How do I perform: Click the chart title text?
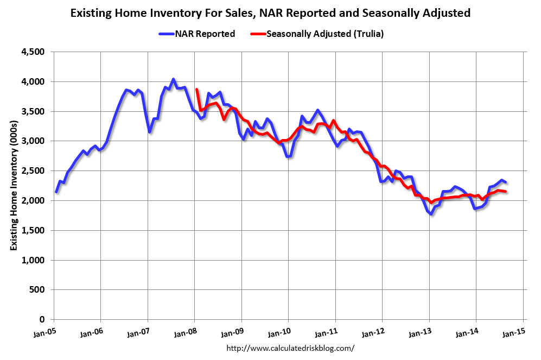tap(270, 12)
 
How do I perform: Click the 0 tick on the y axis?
tap(44, 320)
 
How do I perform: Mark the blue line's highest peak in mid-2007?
tap(173, 79)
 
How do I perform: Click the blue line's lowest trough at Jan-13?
tap(431, 214)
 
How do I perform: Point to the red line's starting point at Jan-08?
tap(196, 90)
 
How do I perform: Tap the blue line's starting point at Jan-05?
tap(56, 192)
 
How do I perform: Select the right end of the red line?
tap(506, 192)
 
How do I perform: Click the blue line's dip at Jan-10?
tap(288, 156)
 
